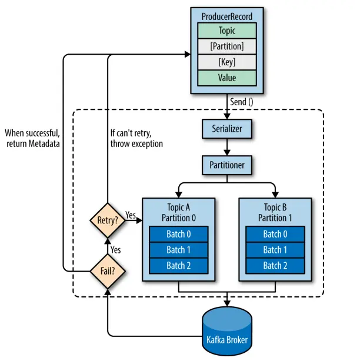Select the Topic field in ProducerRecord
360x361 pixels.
[226, 30]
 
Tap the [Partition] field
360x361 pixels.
[226, 46]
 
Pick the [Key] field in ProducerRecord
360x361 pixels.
[226, 62]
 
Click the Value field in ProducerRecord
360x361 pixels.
[226, 78]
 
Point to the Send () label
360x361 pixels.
[242, 101]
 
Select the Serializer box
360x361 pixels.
[226, 128]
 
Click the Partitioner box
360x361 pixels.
[226, 165]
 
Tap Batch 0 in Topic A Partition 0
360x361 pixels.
[179, 234]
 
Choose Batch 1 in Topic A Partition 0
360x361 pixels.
[179, 250]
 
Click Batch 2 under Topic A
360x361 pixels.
[179, 266]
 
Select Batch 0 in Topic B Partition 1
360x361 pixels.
[275, 234]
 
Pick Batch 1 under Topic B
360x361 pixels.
[275, 250]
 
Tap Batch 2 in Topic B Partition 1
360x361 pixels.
[275, 266]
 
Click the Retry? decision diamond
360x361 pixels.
[106, 221]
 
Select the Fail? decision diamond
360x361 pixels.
[106, 272]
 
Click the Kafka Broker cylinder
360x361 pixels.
[226, 332]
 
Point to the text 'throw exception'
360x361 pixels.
[136, 143]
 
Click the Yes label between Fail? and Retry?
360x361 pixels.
[116, 249]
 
